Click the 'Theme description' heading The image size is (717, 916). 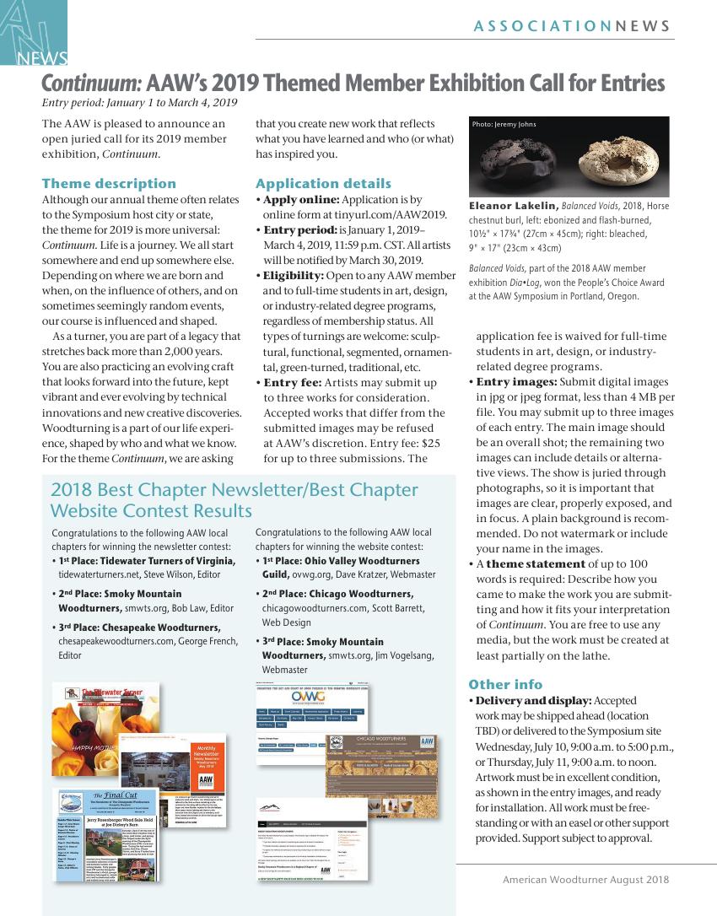pyautogui.click(x=109, y=183)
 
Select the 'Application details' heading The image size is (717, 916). pyautogui.click(x=323, y=183)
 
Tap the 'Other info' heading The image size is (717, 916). pyautogui.click(x=505, y=684)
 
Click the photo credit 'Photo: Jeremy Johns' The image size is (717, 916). pyautogui.click(x=504, y=125)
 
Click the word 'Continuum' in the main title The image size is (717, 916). pyautogui.click(x=90, y=84)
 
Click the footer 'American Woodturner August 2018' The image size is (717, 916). pyautogui.click(x=585, y=879)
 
